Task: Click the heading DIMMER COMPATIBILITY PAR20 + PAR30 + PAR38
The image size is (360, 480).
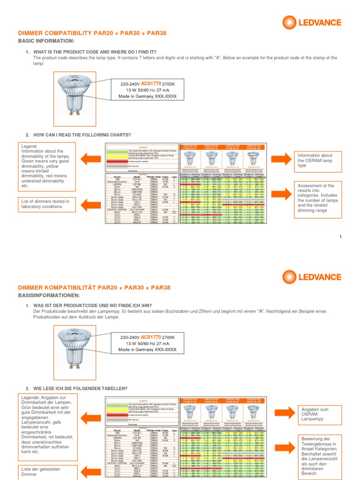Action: [92, 33]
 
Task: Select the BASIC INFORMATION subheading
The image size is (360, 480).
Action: [46, 41]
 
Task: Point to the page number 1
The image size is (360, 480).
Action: [341, 238]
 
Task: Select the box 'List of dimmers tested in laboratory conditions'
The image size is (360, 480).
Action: [45, 204]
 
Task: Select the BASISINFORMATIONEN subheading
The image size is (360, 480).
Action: [49, 295]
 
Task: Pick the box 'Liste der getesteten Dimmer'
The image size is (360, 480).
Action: [45, 471]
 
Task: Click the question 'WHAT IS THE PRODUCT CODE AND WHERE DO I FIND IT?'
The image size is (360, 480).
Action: [95, 52]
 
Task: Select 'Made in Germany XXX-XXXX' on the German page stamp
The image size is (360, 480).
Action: [147, 349]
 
